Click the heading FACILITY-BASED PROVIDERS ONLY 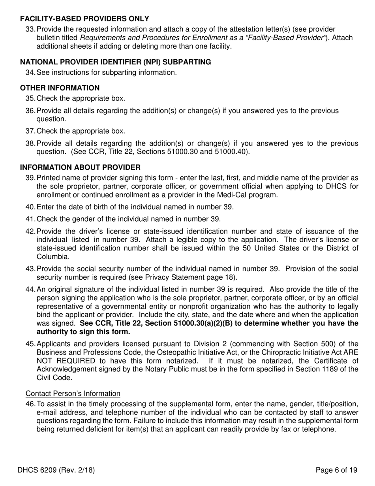[84, 19]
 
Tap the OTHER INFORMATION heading [60, 88]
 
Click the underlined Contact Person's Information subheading [73, 394]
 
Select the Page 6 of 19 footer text [336, 470]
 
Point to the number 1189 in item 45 [321, 369]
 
